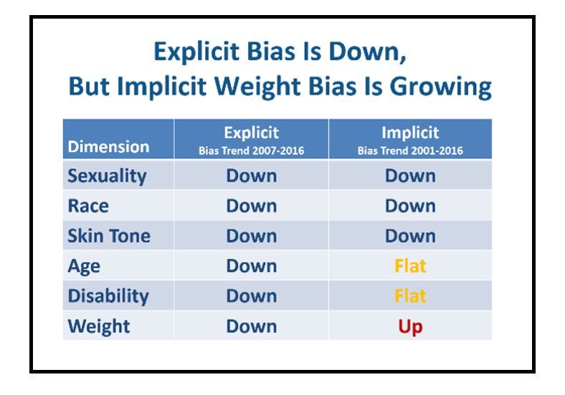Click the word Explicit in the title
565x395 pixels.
point(196,52)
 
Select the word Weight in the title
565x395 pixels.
point(257,87)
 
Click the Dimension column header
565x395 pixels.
point(108,147)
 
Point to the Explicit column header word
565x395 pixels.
point(252,133)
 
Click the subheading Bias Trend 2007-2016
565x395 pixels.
point(252,151)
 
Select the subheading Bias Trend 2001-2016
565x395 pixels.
point(410,151)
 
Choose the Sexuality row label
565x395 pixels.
point(107,176)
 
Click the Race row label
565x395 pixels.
point(88,206)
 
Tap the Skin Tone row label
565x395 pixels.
point(109,236)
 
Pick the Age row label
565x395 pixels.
point(84,267)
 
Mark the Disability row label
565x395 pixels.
point(108,296)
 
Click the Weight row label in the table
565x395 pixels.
point(99,326)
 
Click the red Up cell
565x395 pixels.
point(410,327)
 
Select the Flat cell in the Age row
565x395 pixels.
point(410,266)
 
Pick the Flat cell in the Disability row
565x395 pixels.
point(410,296)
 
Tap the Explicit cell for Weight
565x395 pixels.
point(252,326)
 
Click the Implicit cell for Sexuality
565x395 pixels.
point(410,176)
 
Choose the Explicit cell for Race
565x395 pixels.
point(252,206)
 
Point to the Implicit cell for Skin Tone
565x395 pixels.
point(410,236)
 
